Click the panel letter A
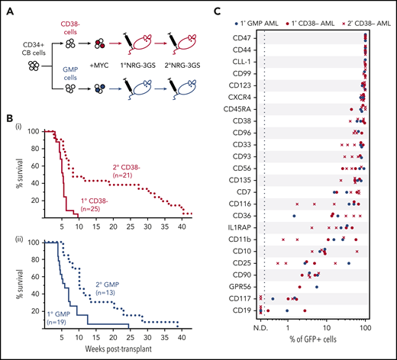[x=7, y=7]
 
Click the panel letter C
[x=216, y=7]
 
